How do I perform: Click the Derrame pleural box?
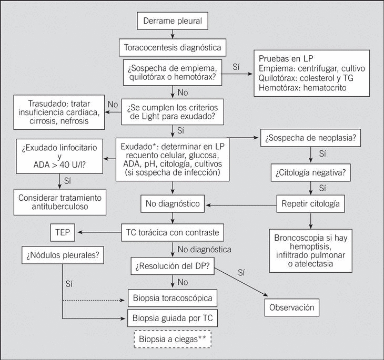point(173,22)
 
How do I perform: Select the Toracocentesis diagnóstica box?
point(173,48)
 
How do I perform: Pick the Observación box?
point(292,307)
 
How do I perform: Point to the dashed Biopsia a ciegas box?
point(173,339)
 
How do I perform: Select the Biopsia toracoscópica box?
point(173,299)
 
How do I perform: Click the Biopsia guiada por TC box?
point(173,318)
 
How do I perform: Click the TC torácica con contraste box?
point(173,231)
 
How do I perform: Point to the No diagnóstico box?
point(173,202)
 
